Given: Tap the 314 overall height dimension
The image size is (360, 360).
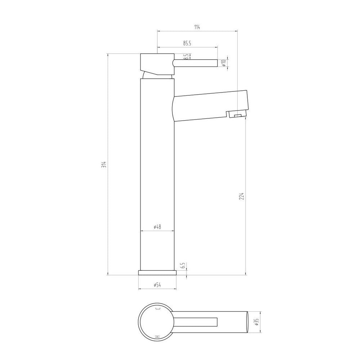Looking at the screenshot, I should pos(104,165).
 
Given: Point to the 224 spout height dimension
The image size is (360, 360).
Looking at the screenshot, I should pos(242,196).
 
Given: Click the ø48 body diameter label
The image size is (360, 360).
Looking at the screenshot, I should pos(157,227).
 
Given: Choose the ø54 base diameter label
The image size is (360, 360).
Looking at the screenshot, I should pos(157,285).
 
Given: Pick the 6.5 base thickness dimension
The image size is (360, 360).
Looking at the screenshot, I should pos(183,266).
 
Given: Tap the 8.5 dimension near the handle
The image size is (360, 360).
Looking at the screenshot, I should pos(185,57).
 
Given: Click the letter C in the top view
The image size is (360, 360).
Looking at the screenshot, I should pos(157,309).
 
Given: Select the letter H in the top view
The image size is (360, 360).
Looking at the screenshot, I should pos(157,336).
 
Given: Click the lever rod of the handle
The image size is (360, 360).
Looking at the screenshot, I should pos(196,63).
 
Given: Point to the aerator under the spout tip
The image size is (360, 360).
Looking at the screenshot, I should pos(237,115).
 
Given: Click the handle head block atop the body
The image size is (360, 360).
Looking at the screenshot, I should pos(156,63).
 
